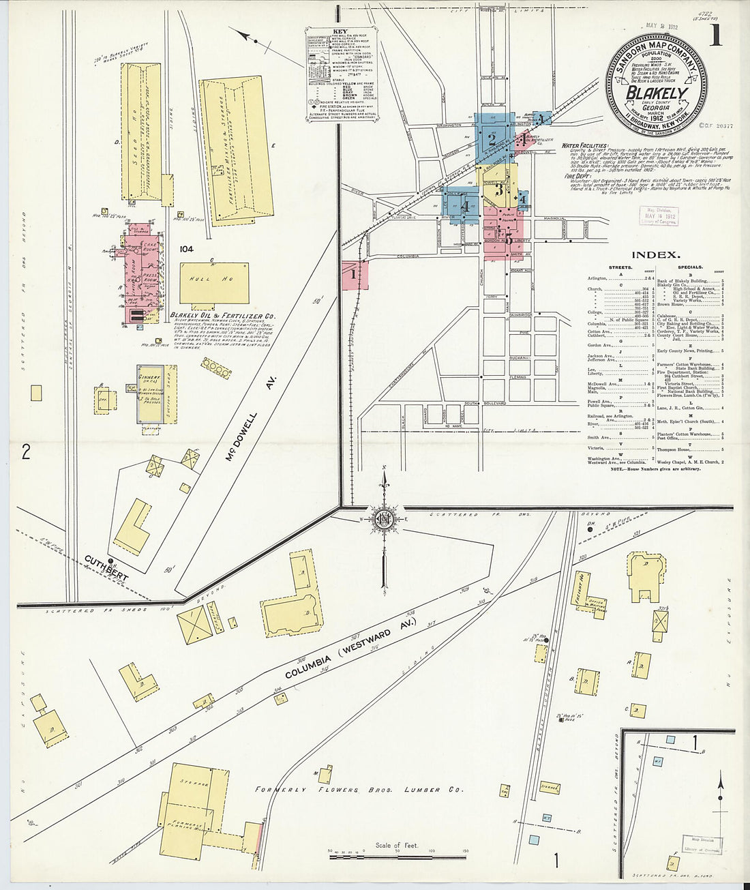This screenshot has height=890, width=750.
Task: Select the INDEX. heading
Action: pyautogui.click(x=655, y=255)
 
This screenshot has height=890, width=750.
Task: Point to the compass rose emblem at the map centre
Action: pyautogui.click(x=384, y=519)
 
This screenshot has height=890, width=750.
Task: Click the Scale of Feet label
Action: pyautogui.click(x=397, y=846)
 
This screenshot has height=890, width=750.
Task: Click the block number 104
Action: pyautogui.click(x=186, y=250)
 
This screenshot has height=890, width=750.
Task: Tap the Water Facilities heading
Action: pyautogui.click(x=585, y=146)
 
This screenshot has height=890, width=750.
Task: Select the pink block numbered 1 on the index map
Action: pyautogui.click(x=354, y=274)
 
